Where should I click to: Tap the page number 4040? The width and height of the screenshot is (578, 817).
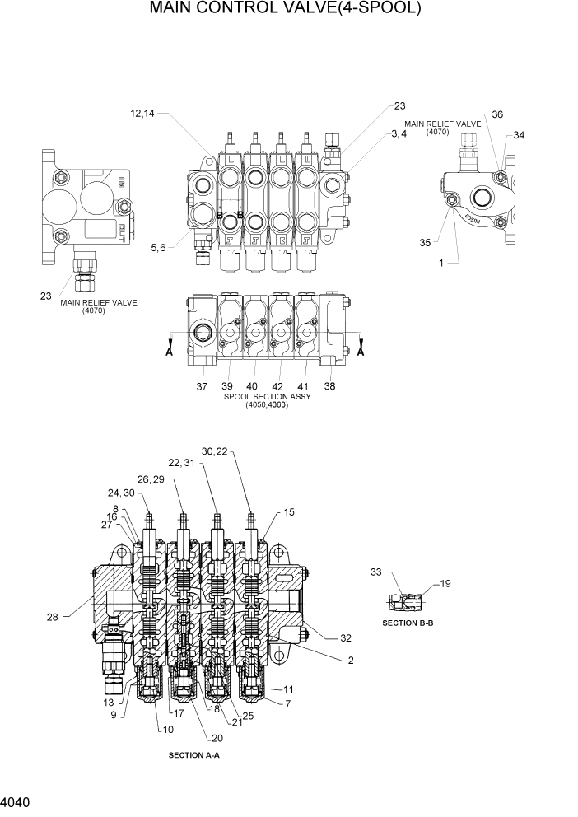point(17,800)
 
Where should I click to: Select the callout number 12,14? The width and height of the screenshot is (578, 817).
point(142,114)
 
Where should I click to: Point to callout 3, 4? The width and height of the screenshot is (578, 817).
point(399,133)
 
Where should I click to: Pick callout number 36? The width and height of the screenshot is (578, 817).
point(497,115)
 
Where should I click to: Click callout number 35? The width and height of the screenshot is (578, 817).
point(425,243)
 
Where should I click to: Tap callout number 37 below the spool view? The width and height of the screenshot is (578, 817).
point(203,386)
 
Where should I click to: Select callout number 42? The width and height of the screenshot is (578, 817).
point(277,386)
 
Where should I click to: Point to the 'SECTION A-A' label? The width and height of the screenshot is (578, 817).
point(194,754)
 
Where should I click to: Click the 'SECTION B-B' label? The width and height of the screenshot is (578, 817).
point(408,623)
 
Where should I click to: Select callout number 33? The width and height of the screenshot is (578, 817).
point(376,571)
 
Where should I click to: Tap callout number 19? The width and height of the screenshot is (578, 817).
point(445,584)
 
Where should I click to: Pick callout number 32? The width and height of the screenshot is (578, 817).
point(345,637)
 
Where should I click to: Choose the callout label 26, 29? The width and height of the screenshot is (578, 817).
point(151,479)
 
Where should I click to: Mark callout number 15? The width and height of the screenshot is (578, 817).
point(289,512)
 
